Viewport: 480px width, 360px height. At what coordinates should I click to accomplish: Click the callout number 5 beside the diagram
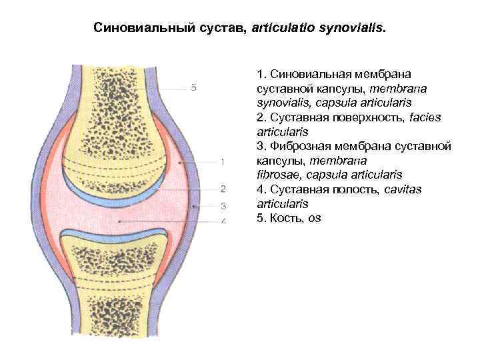193,87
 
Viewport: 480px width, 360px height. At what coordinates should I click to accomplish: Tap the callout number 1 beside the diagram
222,162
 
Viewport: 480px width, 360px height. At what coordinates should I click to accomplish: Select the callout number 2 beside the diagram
223,189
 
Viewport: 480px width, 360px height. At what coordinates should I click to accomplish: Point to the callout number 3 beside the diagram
223,206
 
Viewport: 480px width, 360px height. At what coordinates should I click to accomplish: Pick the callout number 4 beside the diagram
223,221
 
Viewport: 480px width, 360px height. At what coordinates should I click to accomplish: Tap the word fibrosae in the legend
277,175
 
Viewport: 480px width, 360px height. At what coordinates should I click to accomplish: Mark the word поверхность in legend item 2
350,117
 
